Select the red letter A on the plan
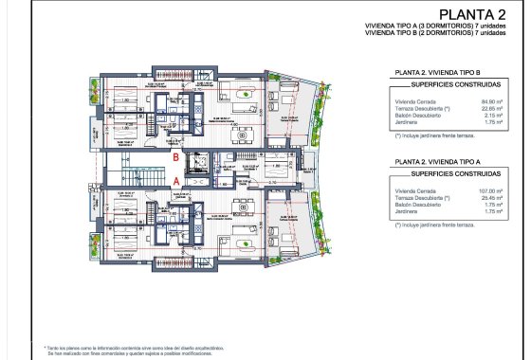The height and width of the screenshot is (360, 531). [x=175, y=176]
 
